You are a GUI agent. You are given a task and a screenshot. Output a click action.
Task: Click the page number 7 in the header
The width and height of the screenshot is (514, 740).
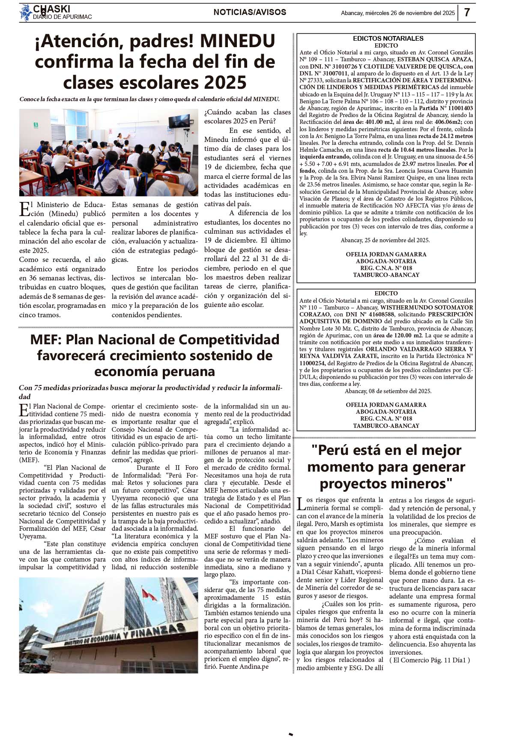(x=467, y=12)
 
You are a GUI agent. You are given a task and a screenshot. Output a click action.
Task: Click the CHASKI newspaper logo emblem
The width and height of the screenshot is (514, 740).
(x=26, y=12)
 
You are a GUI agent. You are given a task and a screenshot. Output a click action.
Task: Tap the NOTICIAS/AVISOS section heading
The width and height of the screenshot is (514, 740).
(x=250, y=12)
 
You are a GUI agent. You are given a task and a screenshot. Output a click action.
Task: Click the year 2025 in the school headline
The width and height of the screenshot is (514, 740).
(x=225, y=82)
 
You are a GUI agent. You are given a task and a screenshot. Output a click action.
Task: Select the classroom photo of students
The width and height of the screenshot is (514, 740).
(x=108, y=152)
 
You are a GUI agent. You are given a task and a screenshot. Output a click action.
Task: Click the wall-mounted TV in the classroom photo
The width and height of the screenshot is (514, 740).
(x=179, y=122)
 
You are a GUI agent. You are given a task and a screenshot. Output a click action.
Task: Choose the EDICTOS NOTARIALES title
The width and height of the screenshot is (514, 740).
(x=388, y=39)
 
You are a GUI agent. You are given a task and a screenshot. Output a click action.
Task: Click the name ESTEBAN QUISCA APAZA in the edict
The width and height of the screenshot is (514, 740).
(x=434, y=60)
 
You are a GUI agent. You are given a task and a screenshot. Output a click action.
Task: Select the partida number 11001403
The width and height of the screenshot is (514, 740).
(x=457, y=108)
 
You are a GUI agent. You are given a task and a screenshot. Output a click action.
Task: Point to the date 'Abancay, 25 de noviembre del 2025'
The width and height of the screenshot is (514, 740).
(x=385, y=241)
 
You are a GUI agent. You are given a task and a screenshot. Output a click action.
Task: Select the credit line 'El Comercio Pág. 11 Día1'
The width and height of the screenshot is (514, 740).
(x=429, y=660)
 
